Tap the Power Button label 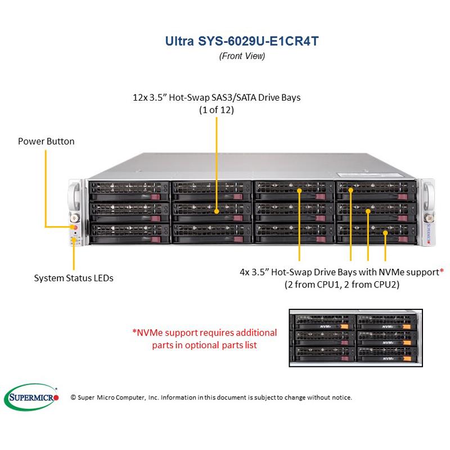pos(46,141)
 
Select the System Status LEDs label pos(74,278)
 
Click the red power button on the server pos(74,227)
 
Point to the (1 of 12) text pos(217,110)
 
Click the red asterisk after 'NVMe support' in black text pos(442,272)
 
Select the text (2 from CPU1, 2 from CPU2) pos(342,285)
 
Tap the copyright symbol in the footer pos(74,398)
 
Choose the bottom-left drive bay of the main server pos(128,231)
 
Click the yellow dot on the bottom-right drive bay pos(385,233)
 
